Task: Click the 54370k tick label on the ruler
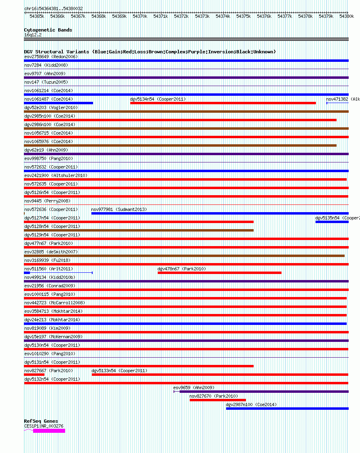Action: click(140, 16)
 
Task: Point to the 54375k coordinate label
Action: click(244, 16)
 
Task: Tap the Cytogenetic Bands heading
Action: click(48, 30)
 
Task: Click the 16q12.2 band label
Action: click(33, 35)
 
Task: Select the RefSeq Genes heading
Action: click(41, 421)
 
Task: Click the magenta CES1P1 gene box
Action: click(49, 431)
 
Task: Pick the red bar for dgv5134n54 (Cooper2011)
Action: click(223, 103)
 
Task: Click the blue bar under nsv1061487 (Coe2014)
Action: click(59, 103)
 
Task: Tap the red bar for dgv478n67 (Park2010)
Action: click(220, 273)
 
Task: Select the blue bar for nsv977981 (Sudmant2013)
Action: click(220, 213)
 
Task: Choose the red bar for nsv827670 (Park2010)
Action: click(218, 400)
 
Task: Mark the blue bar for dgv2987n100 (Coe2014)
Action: click(287, 409)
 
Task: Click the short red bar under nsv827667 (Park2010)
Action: click(34, 375)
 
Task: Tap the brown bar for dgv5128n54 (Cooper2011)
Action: click(139, 230)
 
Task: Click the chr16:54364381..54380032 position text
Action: click(53, 8)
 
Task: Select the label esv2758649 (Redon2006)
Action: click(51, 57)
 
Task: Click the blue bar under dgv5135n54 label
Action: click(332, 222)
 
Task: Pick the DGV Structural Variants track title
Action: click(150, 52)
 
